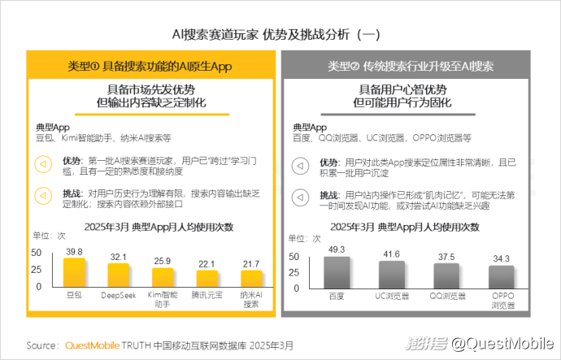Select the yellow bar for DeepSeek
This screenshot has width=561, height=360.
(x=118, y=276)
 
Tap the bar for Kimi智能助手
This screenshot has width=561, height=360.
(x=162, y=279)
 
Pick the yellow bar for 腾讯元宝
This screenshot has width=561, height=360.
(x=207, y=280)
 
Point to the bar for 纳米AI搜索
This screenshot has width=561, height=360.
(x=251, y=280)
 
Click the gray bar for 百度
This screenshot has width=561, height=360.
(x=336, y=272)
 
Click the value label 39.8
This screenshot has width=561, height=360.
(x=74, y=252)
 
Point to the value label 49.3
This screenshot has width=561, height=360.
(x=336, y=249)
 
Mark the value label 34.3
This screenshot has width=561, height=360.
(x=501, y=258)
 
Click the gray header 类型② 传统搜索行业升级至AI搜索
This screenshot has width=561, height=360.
(x=412, y=65)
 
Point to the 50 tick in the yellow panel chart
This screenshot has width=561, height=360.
(x=37, y=253)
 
